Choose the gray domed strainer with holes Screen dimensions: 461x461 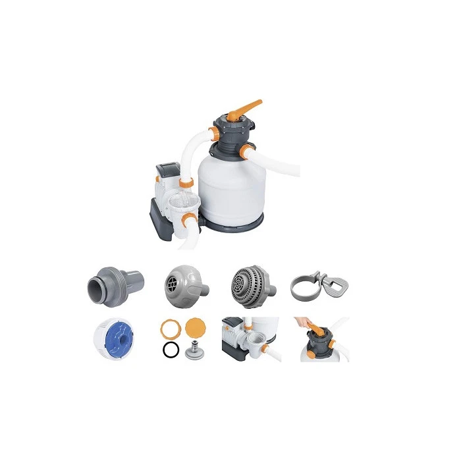point(246,284)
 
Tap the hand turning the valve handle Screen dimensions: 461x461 point(309,323)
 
